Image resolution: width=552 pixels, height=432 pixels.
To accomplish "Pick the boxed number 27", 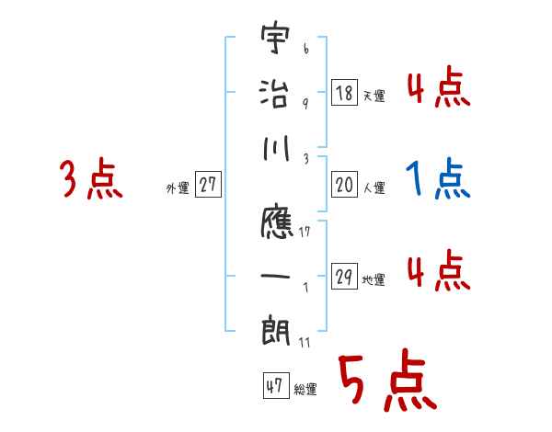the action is tap(208, 186).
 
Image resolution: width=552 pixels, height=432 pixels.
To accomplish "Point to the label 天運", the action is tap(374, 96).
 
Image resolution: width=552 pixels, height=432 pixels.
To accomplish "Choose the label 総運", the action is tap(305, 389).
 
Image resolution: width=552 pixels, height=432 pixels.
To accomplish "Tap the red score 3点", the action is tap(91, 180).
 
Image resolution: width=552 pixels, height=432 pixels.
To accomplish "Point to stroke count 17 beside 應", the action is tap(305, 232).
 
